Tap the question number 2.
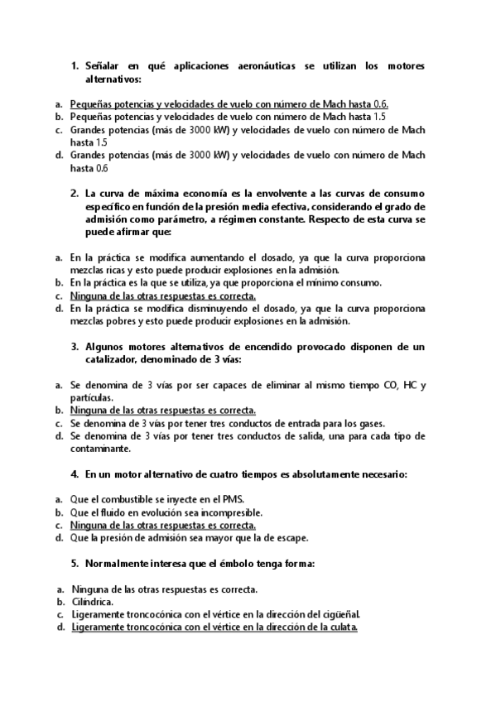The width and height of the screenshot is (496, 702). click(75, 192)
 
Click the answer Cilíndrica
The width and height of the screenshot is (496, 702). click(92, 602)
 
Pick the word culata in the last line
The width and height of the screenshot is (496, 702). click(340, 627)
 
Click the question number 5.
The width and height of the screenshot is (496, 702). click(75, 564)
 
